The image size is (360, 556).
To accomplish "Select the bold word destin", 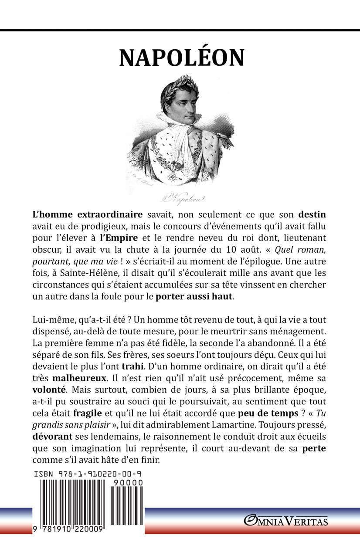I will pos(312,215).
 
